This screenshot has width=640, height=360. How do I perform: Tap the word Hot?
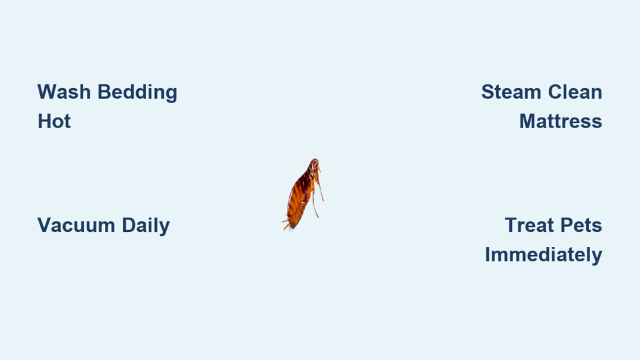(54, 121)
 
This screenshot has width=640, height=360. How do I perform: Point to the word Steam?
(511, 92)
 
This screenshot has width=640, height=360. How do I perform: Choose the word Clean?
(575, 92)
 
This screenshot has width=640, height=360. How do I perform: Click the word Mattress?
(561, 121)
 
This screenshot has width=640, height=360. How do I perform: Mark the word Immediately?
(544, 256)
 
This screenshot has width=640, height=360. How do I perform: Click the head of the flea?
(314, 165)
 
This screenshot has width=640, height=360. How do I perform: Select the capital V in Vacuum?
(45, 225)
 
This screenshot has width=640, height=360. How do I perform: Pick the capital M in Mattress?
(527, 121)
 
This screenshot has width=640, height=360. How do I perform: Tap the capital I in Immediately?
(487, 254)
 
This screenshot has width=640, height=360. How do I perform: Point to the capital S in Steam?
(488, 92)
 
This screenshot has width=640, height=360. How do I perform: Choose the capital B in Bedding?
(105, 92)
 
